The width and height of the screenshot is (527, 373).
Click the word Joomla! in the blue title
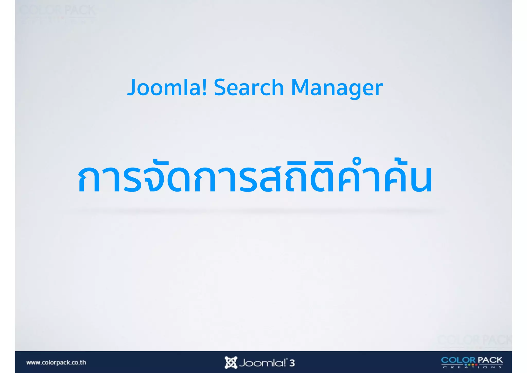pyautogui.click(x=167, y=88)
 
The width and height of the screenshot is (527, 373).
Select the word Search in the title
pyautogui.click(x=249, y=88)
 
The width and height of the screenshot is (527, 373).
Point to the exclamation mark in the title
pyautogui.click(x=204, y=87)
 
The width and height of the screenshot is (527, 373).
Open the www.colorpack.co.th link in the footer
pyautogui.click(x=56, y=362)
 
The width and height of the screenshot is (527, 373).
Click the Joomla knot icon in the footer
pyautogui.click(x=231, y=362)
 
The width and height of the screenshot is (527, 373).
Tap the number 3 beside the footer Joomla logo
pyautogui.click(x=292, y=363)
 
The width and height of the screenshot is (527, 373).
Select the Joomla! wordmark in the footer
pyautogui.click(x=262, y=363)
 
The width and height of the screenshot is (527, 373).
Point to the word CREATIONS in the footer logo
pyautogui.click(x=472, y=367)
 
